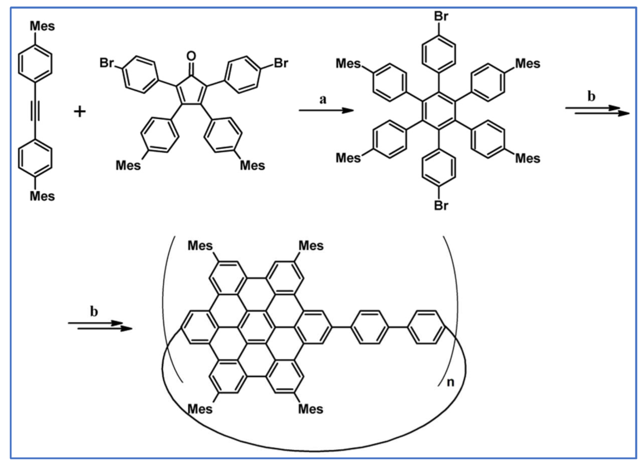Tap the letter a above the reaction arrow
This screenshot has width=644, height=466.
[x=323, y=100]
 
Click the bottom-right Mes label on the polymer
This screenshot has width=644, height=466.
[x=311, y=409]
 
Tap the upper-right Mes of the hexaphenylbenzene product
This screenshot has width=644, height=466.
[x=527, y=64]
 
